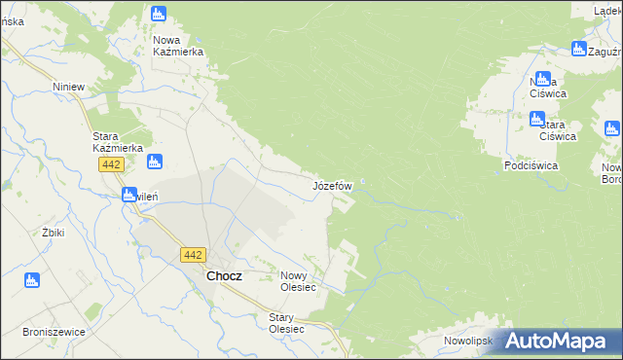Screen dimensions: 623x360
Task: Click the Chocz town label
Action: (224, 275)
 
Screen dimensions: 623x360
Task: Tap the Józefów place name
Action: (332, 185)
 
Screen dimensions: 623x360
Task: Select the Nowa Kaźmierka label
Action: (177, 46)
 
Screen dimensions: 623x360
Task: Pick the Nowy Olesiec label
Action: (299, 281)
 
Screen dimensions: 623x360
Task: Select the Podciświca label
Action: (531, 165)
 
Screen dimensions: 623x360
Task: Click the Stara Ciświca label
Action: (558, 130)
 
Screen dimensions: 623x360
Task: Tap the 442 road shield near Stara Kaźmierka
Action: (110, 166)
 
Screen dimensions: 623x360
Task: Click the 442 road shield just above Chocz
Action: (192, 255)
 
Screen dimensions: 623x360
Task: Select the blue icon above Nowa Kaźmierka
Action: (160, 14)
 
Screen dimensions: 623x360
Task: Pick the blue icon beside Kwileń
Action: (129, 195)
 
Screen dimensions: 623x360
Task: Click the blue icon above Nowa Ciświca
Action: (543, 79)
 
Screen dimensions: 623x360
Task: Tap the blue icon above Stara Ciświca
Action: (536, 119)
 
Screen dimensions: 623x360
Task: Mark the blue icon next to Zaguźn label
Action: (578, 50)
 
